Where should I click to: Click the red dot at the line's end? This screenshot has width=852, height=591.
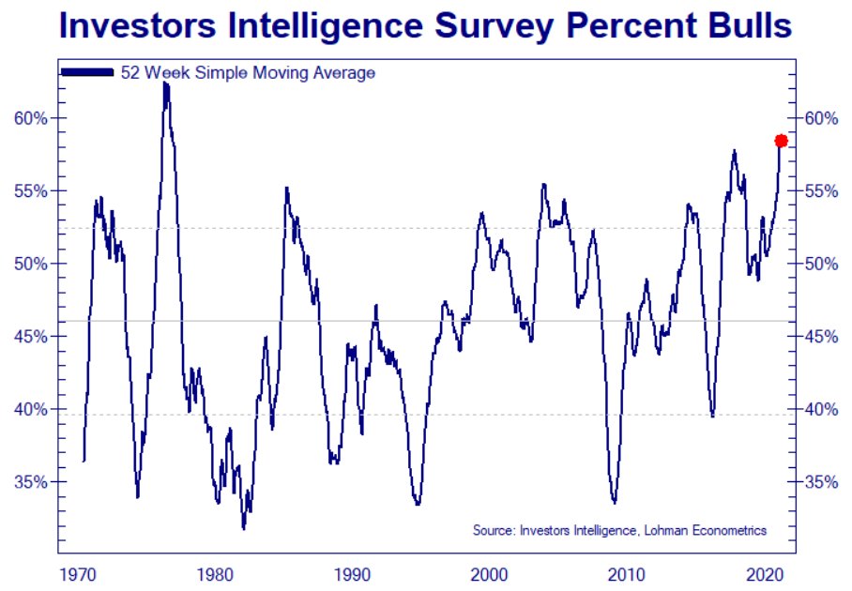click(x=781, y=141)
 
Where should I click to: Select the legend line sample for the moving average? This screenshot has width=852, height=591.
click(x=87, y=72)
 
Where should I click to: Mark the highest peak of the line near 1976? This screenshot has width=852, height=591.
click(x=165, y=83)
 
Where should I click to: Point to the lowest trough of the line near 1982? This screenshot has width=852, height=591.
click(x=244, y=528)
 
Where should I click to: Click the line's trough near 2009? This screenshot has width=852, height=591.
click(x=614, y=503)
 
